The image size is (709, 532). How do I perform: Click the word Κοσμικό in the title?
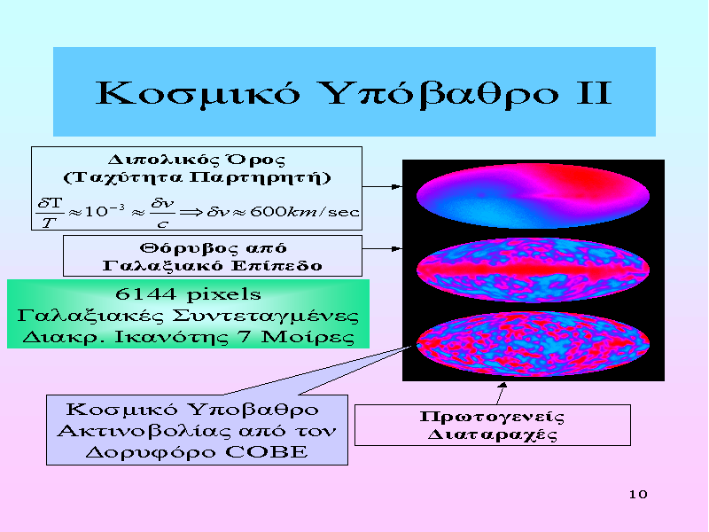[x=198, y=94]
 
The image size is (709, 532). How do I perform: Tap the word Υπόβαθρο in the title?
[x=441, y=94]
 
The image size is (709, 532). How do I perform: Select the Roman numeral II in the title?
[x=594, y=93]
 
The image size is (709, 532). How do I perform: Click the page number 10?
[x=638, y=494]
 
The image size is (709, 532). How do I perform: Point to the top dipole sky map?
[x=534, y=195]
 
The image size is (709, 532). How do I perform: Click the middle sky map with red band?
[x=534, y=270]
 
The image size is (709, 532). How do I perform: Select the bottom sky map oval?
[x=534, y=344]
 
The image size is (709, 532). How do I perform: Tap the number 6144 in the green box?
[x=145, y=294]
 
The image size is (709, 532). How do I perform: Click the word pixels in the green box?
[x=224, y=295]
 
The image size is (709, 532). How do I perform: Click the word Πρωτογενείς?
[x=492, y=417]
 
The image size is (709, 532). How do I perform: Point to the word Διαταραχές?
[x=492, y=434]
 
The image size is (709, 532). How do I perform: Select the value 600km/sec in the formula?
[x=304, y=211]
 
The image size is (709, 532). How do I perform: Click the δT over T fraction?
[x=50, y=212]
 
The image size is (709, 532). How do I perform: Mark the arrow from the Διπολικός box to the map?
[x=382, y=186]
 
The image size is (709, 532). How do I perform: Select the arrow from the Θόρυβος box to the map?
[x=382, y=248]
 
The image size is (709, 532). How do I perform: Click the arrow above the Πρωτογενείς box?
[x=501, y=393]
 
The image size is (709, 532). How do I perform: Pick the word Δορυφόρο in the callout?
[x=151, y=452]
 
